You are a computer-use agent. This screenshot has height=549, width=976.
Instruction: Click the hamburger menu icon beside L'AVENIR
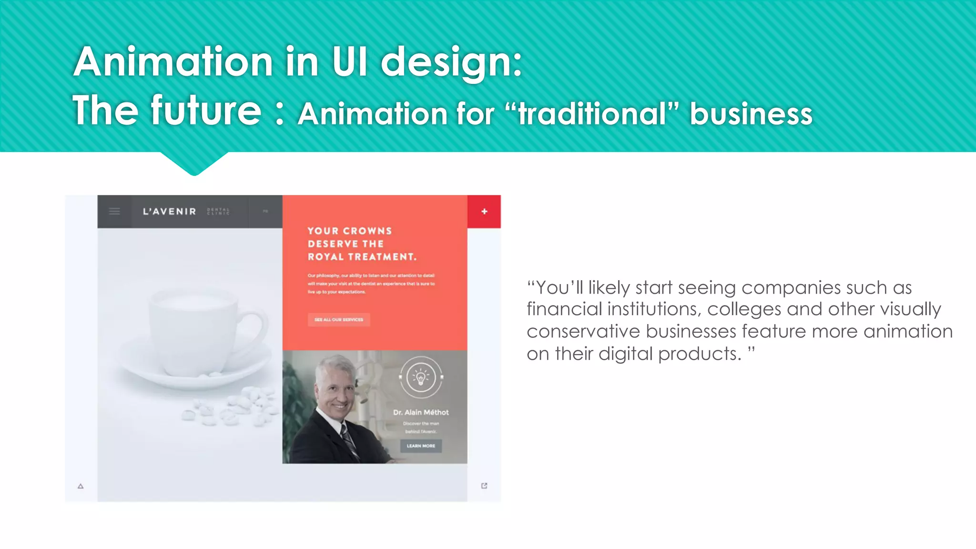[114, 211]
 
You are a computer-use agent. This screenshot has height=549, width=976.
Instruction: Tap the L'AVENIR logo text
[170, 212]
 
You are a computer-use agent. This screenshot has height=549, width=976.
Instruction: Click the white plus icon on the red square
[484, 212]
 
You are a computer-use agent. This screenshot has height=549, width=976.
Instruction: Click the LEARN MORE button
[421, 446]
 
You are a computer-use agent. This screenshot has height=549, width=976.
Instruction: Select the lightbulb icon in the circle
[421, 377]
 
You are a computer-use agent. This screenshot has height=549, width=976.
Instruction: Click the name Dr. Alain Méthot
[421, 412]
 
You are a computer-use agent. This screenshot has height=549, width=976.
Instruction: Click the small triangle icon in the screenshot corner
[81, 486]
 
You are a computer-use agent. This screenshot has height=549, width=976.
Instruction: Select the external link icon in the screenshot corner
[484, 486]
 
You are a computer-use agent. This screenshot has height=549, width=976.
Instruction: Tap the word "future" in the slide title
[206, 111]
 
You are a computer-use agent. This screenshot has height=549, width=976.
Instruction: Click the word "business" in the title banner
[751, 114]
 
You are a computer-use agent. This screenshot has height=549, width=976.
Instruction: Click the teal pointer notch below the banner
[194, 164]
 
